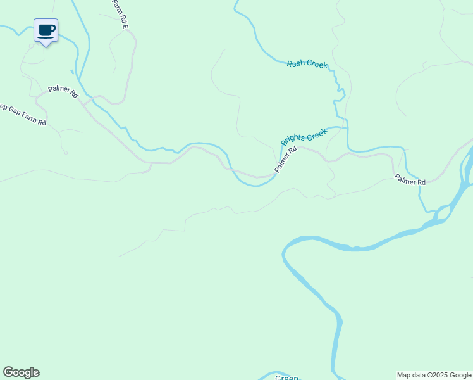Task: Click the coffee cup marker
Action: click(x=46, y=30)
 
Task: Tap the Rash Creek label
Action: click(x=307, y=65)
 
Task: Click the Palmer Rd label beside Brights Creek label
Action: click(x=286, y=160)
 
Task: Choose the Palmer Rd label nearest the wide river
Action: click(x=410, y=180)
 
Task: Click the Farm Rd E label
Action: click(x=120, y=14)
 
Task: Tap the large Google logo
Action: click(x=21, y=372)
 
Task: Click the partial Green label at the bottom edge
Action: click(x=286, y=377)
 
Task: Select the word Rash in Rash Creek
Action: click(x=296, y=63)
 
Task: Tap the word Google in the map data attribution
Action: click(x=460, y=375)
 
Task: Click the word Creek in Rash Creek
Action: click(x=317, y=65)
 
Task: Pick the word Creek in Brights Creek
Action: click(x=316, y=133)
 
